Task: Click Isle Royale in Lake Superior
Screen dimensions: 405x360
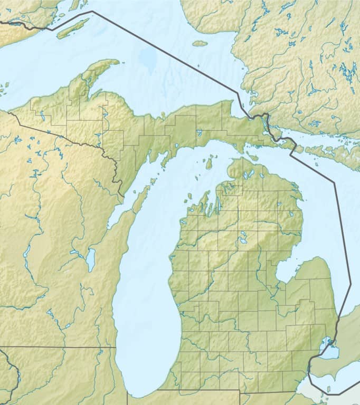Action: (73, 28)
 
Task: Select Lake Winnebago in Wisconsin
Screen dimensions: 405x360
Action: (91, 259)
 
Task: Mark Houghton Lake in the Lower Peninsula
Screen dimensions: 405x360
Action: (244, 241)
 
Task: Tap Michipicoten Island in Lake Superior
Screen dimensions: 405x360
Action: (200, 43)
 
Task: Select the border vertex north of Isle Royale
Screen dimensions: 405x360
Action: (92, 11)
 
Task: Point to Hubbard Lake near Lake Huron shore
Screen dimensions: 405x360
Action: (289, 215)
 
